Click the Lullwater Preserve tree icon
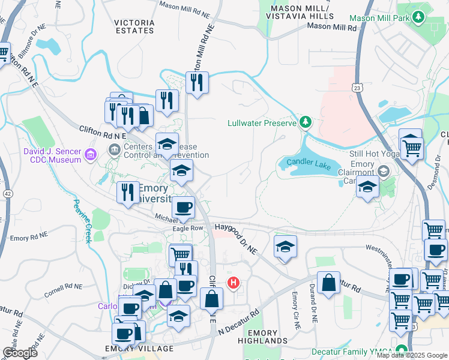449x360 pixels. [306, 122]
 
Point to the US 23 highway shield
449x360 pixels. [358, 88]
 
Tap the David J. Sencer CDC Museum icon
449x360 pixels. [90, 155]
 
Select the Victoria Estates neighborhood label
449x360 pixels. [134, 26]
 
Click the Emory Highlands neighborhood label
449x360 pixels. [263, 337]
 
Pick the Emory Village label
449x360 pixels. [139, 349]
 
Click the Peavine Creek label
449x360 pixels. [82, 220]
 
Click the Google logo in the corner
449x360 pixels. [20, 352]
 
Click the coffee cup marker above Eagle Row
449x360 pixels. [183, 208]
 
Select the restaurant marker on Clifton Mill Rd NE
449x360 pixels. [197, 83]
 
